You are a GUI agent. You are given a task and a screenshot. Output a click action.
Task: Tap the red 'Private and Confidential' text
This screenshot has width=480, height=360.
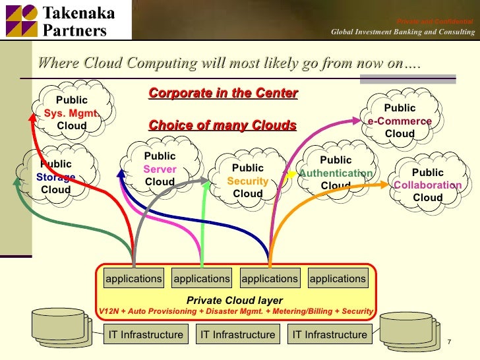tap(435, 22)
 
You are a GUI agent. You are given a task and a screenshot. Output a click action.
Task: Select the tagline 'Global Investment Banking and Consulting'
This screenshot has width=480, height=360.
tap(402, 32)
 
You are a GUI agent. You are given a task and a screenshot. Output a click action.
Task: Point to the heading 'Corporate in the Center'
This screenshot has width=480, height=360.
tap(224, 93)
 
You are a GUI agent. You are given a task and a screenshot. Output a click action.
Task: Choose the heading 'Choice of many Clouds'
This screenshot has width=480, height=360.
tap(223, 125)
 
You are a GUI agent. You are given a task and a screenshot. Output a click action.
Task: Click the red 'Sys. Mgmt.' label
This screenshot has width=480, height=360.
tap(72, 113)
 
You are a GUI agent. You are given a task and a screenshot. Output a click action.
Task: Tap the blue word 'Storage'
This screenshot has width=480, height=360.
tap(56, 177)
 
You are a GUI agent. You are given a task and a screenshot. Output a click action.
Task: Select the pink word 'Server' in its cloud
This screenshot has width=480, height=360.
tap(160, 169)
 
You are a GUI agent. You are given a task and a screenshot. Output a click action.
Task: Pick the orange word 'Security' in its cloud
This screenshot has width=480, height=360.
tap(247, 181)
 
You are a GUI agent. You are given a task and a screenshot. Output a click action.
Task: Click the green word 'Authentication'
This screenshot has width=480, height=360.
tap(336, 173)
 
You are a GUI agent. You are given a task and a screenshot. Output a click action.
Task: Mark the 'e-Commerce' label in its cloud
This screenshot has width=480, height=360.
tap(400, 121)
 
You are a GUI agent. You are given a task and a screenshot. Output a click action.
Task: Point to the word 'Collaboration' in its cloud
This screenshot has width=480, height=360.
tap(427, 185)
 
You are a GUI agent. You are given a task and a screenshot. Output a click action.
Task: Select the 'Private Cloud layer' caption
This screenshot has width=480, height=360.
tap(235, 300)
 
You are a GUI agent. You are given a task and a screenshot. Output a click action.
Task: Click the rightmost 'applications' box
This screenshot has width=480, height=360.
tap(338, 279)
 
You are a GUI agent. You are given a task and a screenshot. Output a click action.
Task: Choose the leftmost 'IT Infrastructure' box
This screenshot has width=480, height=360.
tap(146, 334)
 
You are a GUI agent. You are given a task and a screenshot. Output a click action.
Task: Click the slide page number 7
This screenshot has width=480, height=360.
tap(448, 342)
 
